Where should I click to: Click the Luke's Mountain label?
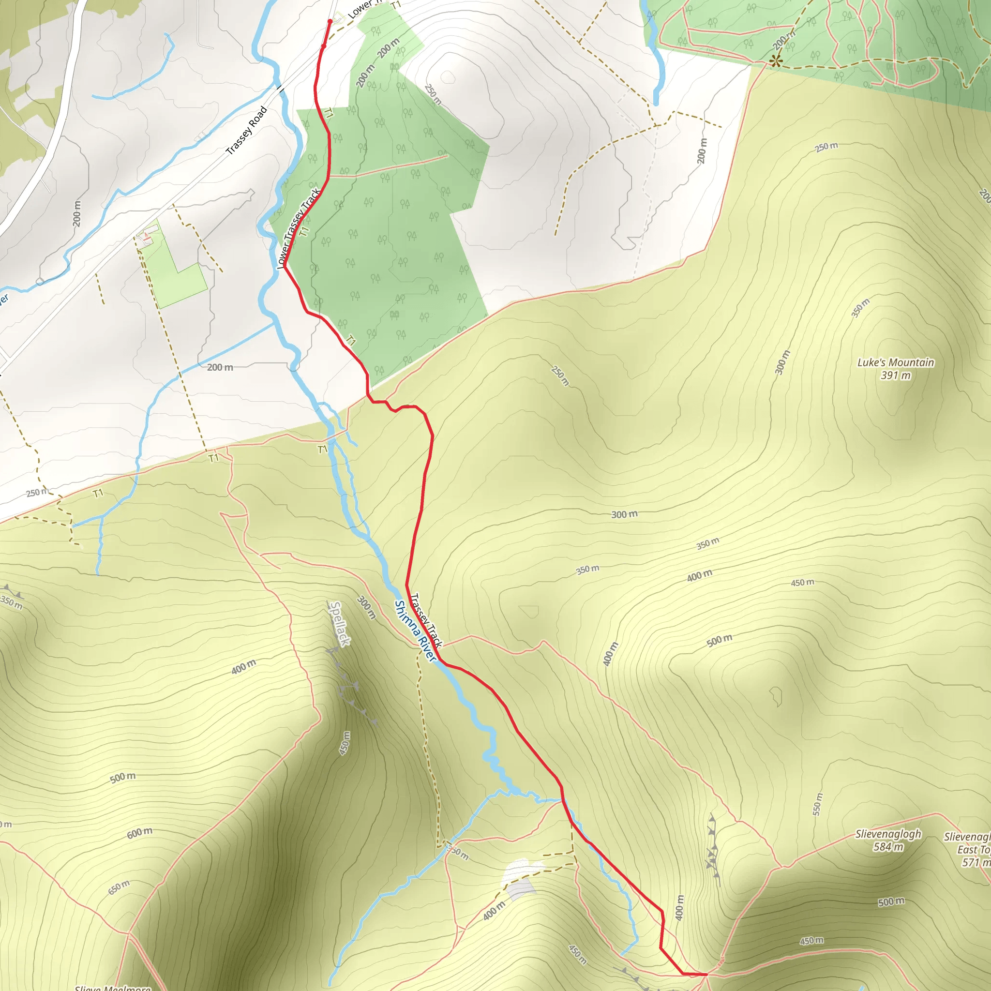click(896, 362)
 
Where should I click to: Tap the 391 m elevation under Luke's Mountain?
click(896, 375)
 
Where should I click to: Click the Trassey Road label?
click(247, 131)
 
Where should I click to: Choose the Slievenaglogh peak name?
click(888, 834)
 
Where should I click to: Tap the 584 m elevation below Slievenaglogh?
click(888, 847)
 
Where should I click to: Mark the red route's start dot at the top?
click(330, 22)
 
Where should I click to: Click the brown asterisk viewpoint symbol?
click(776, 61)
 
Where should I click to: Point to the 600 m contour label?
click(139, 833)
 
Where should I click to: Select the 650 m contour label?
click(119, 887)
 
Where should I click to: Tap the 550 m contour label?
click(817, 804)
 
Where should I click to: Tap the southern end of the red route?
click(706, 974)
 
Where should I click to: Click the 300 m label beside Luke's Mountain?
click(782, 362)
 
